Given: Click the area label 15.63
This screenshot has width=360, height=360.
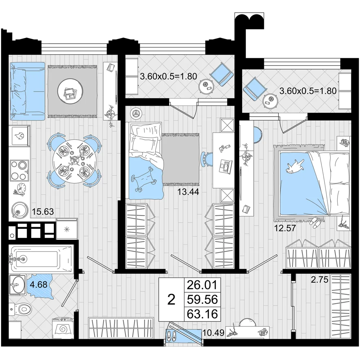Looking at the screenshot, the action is pos(43,211).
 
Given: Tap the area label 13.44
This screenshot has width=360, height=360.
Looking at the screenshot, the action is pos(188,192).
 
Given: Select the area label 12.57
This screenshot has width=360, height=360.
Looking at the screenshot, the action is pos(285,228).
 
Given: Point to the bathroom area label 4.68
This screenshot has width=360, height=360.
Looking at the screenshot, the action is pos(39,284).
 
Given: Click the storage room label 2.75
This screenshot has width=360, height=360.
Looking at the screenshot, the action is pos(320,280).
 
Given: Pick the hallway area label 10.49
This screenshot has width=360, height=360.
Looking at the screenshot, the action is pos(213,332).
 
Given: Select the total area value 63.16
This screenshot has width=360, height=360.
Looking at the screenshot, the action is pos(202,314).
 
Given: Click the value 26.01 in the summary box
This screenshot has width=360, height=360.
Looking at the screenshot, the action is pos(202,285).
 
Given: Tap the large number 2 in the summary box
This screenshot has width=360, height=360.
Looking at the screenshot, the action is pos(171,300).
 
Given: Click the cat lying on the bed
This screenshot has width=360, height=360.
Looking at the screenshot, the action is pos(294,166).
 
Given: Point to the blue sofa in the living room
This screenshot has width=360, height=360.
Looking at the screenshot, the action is pos(27,91).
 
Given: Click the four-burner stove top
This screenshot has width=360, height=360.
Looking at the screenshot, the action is pos(19,170).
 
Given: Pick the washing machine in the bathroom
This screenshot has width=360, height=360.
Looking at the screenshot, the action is pos(63,328).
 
